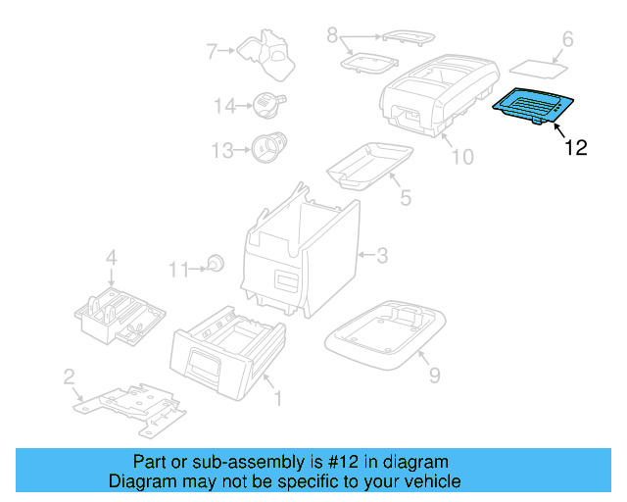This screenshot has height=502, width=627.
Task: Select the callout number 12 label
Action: click(x=575, y=148)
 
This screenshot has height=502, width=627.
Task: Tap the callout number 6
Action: click(x=566, y=40)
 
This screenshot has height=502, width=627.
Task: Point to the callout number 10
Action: click(x=461, y=157)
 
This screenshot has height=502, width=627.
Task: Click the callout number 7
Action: click(x=212, y=50)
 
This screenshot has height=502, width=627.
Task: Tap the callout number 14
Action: click(x=224, y=105)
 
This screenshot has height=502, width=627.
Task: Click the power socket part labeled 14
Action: click(x=266, y=103)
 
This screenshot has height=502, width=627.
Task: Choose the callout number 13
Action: click(x=223, y=151)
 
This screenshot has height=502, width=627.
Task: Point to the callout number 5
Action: click(x=406, y=197)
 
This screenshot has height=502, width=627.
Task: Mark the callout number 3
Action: click(x=382, y=256)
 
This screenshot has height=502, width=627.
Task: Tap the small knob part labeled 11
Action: click(x=216, y=264)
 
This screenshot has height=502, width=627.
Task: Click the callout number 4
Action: click(x=112, y=258)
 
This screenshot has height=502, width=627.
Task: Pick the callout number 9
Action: click(x=434, y=374)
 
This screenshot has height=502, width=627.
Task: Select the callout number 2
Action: click(x=69, y=376)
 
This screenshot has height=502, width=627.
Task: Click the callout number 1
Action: click(x=277, y=398)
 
